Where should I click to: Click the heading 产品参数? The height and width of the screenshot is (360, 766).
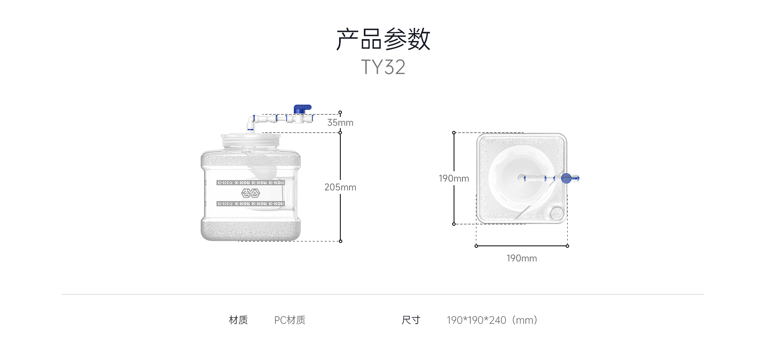pyautogui.click(x=383, y=39)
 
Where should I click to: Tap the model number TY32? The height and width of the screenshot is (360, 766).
pyautogui.click(x=383, y=67)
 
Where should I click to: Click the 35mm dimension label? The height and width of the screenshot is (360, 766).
pyautogui.click(x=340, y=123)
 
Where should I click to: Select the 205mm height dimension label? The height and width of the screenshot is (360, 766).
pyautogui.click(x=340, y=187)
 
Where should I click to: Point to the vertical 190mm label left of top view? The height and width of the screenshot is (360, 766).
pyautogui.click(x=454, y=178)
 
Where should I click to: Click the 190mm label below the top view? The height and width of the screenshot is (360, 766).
pyautogui.click(x=521, y=258)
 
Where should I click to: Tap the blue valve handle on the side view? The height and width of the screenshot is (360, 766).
pyautogui.click(x=302, y=109)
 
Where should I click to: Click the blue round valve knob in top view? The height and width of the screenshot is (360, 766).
pyautogui.click(x=566, y=178)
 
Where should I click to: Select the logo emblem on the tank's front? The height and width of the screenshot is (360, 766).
pyautogui.click(x=251, y=193)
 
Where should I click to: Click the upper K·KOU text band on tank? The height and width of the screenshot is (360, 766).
pyautogui.click(x=251, y=183)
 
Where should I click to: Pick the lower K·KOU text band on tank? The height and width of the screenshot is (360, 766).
pyautogui.click(x=251, y=204)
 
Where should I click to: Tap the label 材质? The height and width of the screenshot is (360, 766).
pyautogui.click(x=238, y=320)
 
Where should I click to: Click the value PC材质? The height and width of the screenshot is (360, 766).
pyautogui.click(x=290, y=320)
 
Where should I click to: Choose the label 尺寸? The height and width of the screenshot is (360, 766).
pyautogui.click(x=411, y=320)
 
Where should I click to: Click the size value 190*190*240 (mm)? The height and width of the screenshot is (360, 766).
pyautogui.click(x=492, y=320)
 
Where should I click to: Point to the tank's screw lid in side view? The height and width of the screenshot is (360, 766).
pyautogui.click(x=251, y=140)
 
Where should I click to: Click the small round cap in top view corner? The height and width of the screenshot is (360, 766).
pyautogui.click(x=557, y=213)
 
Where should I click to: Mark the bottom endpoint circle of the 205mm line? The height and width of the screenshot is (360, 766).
pyautogui.click(x=340, y=241)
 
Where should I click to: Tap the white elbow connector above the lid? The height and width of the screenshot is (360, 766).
pyautogui.click(x=251, y=122)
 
